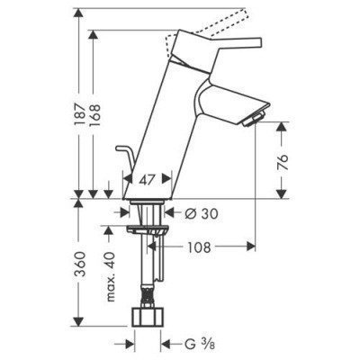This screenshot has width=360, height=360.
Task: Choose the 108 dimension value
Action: [x=200, y=246]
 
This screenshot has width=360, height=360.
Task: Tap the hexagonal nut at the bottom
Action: [x=148, y=319]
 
